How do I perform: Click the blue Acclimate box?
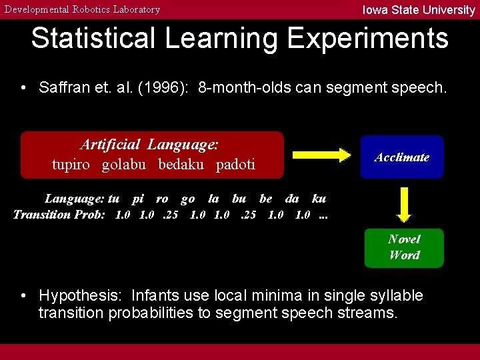tap(402, 157)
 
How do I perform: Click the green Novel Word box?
tap(404, 247)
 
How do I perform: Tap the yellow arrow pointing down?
tap(403, 203)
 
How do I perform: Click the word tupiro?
tap(71, 165)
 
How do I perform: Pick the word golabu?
tap(123, 165)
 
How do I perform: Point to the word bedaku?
tap(181, 165)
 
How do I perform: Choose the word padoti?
tap(235, 165)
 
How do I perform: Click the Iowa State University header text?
tap(418, 9)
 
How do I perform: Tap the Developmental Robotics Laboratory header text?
tap(83, 9)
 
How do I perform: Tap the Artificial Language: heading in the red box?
tap(150, 145)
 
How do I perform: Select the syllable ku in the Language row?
tap(319, 199)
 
